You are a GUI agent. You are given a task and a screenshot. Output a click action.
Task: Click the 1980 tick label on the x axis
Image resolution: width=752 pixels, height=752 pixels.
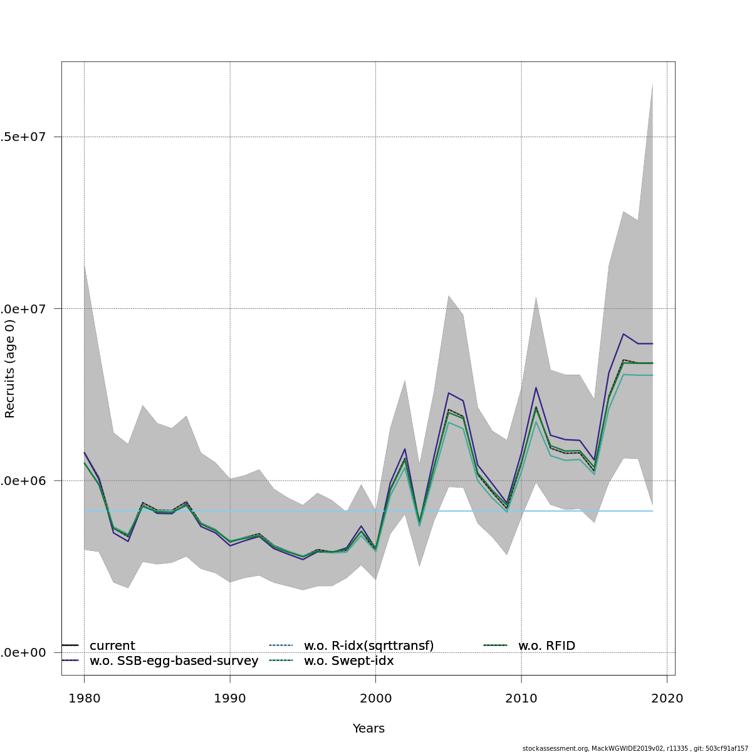point(84,699)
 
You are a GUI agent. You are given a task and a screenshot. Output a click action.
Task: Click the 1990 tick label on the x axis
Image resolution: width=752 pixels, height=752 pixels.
point(230,699)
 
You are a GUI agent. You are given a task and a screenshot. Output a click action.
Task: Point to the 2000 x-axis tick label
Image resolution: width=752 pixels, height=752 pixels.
point(375,699)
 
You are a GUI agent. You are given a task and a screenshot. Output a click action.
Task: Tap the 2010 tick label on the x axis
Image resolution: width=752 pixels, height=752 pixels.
point(521,699)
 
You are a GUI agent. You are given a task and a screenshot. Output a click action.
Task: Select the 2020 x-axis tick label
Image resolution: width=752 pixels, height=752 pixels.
point(667,699)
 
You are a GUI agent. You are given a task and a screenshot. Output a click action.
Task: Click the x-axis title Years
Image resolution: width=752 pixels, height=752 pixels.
point(368,729)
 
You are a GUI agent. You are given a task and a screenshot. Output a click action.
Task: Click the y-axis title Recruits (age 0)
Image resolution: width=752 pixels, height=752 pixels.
point(10,370)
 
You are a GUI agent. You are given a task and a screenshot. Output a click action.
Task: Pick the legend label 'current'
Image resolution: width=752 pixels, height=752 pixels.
point(112,646)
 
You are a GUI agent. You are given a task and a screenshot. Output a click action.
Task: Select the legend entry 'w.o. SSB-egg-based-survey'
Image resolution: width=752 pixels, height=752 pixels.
point(174,661)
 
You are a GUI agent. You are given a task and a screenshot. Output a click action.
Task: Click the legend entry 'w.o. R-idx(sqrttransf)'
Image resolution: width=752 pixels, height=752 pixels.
point(368,646)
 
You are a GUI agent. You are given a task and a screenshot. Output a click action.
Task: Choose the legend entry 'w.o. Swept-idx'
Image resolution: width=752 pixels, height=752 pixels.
point(348,661)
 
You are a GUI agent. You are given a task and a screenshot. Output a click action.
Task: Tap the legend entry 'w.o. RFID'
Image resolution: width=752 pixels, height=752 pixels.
point(546,646)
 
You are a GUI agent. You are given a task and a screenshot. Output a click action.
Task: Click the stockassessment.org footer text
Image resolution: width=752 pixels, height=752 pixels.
point(635,748)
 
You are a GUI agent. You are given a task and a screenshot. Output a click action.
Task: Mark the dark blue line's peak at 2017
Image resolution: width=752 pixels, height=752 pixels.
point(623,334)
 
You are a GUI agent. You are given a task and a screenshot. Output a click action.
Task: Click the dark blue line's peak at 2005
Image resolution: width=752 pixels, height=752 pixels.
point(448,393)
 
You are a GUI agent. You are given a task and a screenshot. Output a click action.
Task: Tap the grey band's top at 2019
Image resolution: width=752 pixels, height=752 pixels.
point(652,83)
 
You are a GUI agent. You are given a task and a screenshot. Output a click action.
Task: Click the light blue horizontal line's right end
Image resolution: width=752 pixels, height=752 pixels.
point(652,511)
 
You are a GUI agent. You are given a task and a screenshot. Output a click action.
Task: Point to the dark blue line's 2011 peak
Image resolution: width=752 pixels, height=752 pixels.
point(536,387)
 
